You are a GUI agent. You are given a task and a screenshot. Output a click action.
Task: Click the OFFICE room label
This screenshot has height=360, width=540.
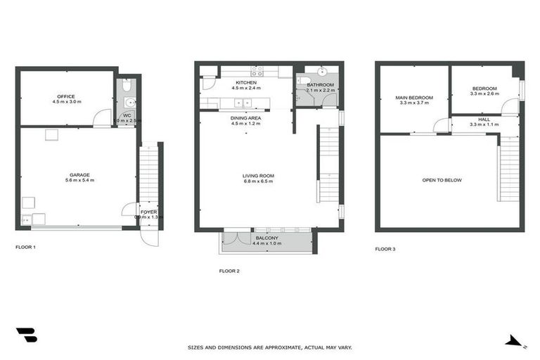pos(66,96)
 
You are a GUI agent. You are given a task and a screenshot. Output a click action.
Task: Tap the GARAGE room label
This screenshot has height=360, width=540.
pos(79,174)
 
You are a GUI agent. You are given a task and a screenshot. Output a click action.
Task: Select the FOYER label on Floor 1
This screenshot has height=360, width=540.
pos(148,211)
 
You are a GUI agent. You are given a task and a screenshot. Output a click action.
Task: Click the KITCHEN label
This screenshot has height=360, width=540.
pos(246,83)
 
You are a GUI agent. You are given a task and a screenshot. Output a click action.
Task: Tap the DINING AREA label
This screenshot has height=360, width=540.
pos(245,118)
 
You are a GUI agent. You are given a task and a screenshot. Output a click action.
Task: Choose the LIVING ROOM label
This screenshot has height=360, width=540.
pos(258,176)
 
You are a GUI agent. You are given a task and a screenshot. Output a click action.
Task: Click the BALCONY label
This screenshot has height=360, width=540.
pos(266,238)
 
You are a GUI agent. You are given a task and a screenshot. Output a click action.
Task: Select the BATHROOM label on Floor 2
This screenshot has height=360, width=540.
pos(321,84)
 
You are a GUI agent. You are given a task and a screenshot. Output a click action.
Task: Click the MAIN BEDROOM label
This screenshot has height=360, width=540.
pos(413,97)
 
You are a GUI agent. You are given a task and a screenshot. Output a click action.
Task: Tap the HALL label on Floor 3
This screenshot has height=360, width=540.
pos(484,120)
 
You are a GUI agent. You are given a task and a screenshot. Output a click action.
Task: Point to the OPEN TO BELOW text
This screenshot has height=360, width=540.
pos(442,180)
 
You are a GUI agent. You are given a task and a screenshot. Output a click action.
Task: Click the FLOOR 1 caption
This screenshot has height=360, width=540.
pos(26,247)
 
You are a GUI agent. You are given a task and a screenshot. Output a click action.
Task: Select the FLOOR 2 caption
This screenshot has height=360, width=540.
pos(229,271)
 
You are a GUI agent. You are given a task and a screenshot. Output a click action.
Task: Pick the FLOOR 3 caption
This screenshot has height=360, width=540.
pos(385,248)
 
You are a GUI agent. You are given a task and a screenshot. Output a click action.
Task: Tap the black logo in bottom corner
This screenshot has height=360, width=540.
pos(26,335)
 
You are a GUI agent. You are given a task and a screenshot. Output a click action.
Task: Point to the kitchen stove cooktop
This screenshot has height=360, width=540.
pos(257,70)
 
